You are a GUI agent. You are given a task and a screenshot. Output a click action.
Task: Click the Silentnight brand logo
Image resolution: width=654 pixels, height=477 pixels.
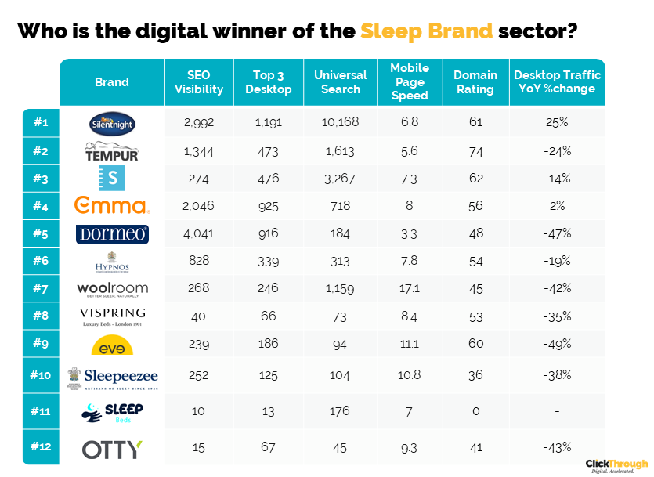pos(112,122)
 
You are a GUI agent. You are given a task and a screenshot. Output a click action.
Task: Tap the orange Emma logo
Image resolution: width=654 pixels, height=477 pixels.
pos(111,206)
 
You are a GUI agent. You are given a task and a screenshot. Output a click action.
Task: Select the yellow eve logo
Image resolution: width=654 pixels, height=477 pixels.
pos(112,346)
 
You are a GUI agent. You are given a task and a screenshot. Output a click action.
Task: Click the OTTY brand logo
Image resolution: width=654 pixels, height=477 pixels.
pos(112,449)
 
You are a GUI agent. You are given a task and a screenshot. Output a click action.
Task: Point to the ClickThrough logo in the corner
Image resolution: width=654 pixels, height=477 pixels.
pos(616,465)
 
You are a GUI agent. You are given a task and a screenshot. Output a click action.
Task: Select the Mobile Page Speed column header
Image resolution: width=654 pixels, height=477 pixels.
pos(410,81)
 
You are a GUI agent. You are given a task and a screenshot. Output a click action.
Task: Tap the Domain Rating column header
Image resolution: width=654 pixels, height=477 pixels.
pos(475,81)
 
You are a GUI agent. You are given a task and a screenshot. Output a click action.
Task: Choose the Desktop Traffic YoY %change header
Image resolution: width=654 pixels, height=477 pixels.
pos(557,81)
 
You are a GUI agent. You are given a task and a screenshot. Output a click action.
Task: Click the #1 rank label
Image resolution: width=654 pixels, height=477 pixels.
pos(41,122)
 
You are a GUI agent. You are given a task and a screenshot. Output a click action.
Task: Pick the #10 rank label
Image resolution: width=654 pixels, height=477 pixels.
pos(41,375)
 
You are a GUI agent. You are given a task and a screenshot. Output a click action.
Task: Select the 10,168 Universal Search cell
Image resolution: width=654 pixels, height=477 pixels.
pos(340,122)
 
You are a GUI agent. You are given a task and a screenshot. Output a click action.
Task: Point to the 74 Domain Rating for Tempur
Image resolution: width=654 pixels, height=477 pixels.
pos(475,151)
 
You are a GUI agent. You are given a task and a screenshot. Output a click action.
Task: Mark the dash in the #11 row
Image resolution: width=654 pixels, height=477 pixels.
pos(557,410)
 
